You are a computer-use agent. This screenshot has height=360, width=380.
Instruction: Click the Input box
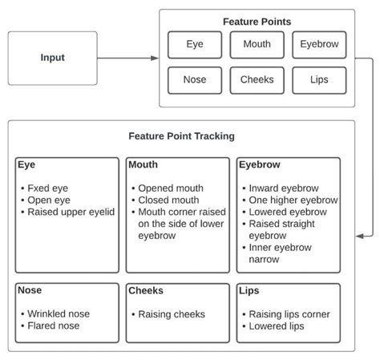[52, 58]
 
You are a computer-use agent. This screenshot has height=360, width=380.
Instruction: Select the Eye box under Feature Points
[194, 45]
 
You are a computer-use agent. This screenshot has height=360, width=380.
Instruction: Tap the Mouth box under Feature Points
[256, 45]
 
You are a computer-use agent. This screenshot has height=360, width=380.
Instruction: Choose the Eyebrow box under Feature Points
[318, 45]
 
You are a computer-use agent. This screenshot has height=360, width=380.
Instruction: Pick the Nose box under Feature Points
[194, 80]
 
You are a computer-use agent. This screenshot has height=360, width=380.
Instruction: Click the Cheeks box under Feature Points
[256, 80]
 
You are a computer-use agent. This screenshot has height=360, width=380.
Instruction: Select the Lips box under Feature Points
[318, 80]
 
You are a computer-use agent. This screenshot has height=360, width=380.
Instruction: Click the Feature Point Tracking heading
[181, 136]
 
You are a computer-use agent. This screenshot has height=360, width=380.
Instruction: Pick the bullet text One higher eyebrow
[293, 200]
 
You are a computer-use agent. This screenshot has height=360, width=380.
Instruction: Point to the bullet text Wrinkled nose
[59, 313]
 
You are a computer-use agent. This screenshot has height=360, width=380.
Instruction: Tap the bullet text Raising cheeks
[172, 313]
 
